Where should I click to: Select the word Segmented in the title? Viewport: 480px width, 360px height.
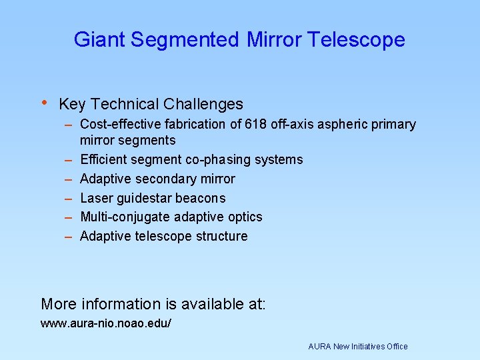pyautogui.click(x=185, y=40)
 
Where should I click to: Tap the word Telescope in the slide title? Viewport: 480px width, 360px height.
pyautogui.click(x=356, y=40)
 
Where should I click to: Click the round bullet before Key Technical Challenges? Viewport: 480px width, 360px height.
pyautogui.click(x=44, y=103)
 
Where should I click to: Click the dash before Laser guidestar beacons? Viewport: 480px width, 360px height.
pyautogui.click(x=69, y=198)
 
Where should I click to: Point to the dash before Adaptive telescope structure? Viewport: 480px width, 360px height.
pyautogui.click(x=69, y=236)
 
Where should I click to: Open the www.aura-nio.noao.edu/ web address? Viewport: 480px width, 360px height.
pyautogui.click(x=106, y=323)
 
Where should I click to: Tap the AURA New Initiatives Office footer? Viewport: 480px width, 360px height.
pyautogui.click(x=358, y=347)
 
